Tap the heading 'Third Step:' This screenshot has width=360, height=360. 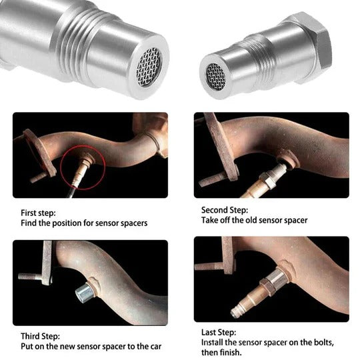37,337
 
